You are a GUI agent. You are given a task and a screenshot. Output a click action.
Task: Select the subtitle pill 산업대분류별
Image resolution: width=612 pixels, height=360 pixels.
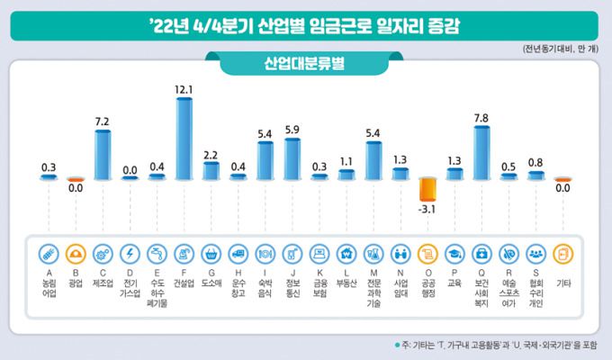tap(307, 65)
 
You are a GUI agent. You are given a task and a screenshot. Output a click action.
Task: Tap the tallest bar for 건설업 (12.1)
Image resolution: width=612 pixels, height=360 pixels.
tap(184, 139)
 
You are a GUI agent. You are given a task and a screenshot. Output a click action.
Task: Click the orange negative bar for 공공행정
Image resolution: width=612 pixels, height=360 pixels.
tap(427, 190)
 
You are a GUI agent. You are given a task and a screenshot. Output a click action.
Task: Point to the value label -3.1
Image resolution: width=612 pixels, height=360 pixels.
tap(427, 211)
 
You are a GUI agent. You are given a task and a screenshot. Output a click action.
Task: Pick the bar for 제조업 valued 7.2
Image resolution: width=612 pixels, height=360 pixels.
tap(103, 155)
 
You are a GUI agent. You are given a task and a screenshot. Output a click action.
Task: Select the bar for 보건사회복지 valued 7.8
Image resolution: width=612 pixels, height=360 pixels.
tap(481, 152)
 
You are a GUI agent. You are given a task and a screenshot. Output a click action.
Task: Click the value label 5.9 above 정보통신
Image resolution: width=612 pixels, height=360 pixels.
tap(292, 130)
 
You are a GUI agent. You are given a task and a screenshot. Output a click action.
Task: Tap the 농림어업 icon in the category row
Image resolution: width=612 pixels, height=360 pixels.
tap(49, 253)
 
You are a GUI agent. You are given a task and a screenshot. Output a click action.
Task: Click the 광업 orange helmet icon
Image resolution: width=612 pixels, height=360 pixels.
tap(76, 253)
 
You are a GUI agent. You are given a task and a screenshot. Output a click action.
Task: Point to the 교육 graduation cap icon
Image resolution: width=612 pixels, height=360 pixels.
tap(454, 253)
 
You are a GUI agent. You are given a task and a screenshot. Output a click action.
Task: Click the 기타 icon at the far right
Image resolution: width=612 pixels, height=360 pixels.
tap(562, 253)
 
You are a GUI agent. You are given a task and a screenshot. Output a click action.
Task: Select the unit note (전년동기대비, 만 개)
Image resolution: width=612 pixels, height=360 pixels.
tap(561, 48)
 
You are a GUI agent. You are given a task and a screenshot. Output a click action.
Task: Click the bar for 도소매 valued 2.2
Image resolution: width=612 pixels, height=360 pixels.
tap(211, 170)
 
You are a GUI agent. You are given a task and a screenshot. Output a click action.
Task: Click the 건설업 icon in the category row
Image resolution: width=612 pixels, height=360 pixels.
tap(184, 253)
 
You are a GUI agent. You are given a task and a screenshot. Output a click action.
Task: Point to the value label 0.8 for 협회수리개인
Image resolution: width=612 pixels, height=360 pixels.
tap(535, 162)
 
